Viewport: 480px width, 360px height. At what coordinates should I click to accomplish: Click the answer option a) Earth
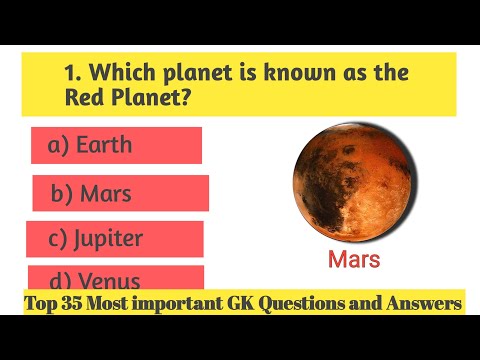point(115,145)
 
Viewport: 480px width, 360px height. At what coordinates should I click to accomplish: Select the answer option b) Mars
point(120,193)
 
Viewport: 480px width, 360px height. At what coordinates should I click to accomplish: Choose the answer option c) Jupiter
point(114,239)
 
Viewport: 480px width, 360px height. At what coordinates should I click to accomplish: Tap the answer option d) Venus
point(115,280)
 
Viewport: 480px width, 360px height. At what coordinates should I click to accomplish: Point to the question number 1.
point(70,74)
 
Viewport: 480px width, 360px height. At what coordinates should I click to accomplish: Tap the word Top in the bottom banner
point(40,303)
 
